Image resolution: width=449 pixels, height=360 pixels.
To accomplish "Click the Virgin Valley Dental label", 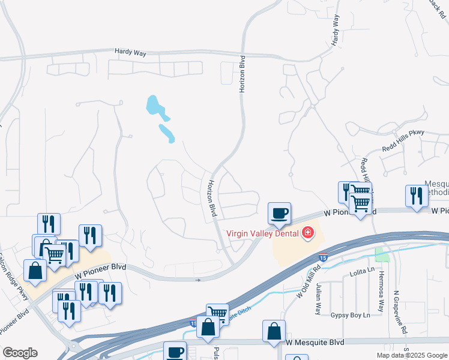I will click(262, 233).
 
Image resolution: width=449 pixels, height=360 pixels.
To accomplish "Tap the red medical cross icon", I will click(308, 232).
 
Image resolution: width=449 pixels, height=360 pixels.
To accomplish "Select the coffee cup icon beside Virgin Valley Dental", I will click(279, 212).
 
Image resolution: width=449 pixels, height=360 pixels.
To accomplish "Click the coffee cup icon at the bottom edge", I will click(176, 352).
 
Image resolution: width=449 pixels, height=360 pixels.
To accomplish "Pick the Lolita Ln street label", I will click(362, 273).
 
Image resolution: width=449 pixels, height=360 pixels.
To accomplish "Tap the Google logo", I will click(20, 353).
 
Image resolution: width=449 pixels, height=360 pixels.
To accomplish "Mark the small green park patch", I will click(382, 254).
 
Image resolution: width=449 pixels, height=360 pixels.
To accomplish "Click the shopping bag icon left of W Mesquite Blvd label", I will click(274, 331).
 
